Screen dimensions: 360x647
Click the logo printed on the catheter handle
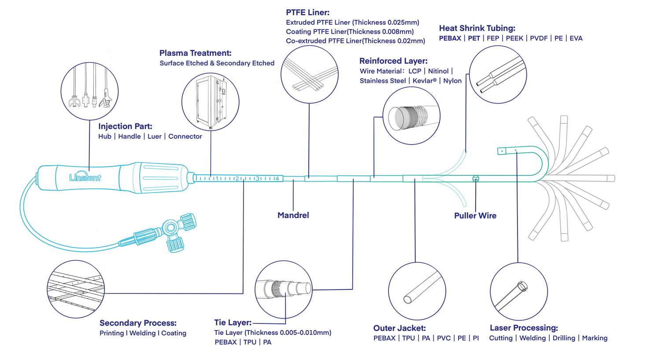[85, 178]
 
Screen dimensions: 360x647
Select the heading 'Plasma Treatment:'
[195, 53]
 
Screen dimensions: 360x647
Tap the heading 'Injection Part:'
[125, 126]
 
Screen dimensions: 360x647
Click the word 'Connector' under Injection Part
[185, 137]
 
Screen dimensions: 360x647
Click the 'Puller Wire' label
[475, 215]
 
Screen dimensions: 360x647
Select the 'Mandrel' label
[293, 215]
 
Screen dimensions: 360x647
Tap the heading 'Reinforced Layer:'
[393, 61]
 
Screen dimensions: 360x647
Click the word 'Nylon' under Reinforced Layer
[452, 81]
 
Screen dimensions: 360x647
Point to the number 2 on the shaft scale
[237, 178]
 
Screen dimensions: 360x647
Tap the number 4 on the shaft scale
[277, 178]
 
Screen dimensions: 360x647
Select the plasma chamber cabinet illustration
[210, 101]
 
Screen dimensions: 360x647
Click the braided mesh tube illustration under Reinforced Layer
[411, 116]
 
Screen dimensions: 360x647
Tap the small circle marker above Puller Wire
[476, 178]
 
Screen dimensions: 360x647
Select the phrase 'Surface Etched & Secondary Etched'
[217, 63]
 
